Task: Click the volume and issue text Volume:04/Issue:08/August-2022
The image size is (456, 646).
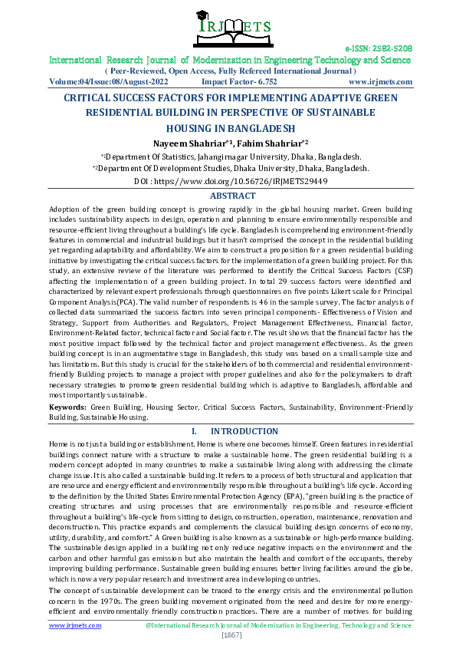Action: [102, 81]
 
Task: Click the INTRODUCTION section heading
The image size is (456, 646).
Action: [244, 431]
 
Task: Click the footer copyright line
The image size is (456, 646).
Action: [277, 625]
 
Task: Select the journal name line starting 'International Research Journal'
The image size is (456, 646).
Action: [231, 59]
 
